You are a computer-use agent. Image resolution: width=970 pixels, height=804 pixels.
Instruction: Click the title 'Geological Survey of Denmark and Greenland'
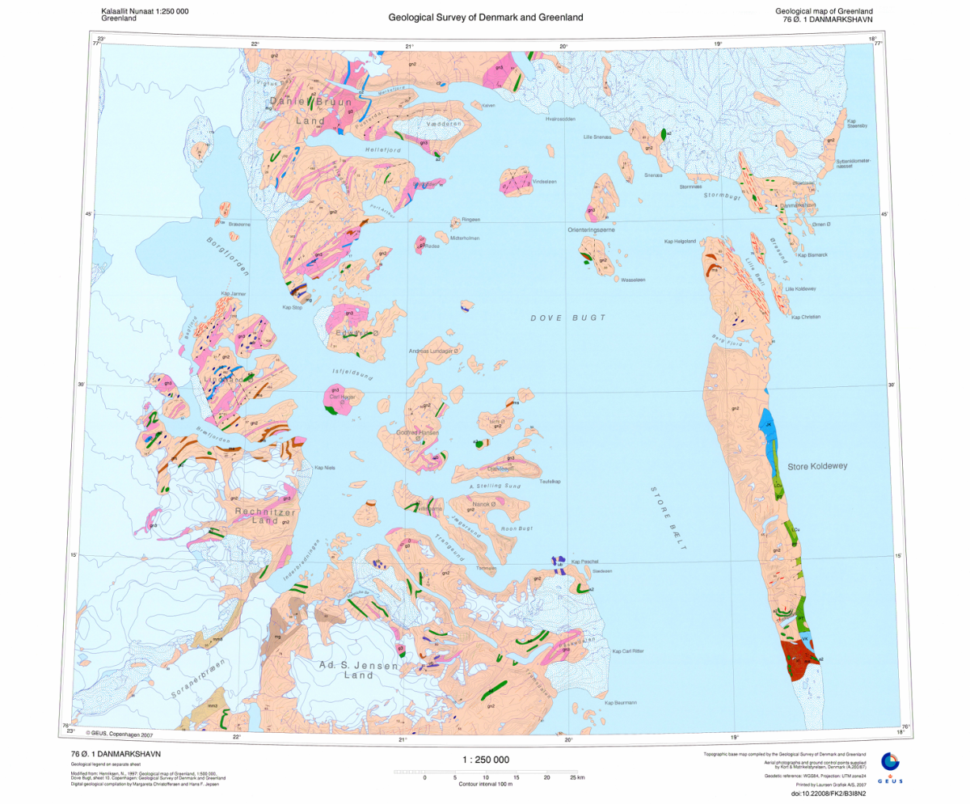(485, 17)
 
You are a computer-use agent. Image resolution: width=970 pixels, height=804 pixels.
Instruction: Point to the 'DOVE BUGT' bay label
(567, 318)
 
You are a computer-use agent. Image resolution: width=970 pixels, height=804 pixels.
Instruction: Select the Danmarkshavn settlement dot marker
(779, 207)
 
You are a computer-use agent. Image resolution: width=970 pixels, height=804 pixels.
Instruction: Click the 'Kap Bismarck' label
(813, 255)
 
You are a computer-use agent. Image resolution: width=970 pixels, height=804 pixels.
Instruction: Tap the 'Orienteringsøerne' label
(593, 230)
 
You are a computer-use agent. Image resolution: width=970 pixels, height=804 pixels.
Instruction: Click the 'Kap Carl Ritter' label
(627, 650)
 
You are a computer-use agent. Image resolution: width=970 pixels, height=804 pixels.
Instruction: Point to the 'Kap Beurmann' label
(621, 702)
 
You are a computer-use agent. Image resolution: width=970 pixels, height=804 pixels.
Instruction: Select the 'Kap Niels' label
(324, 467)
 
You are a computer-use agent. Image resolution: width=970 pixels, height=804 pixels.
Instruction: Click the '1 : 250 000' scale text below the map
(485, 760)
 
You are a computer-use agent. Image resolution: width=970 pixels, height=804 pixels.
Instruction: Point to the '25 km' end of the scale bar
(576, 777)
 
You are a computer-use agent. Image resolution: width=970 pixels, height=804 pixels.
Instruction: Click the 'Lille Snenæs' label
(599, 137)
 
